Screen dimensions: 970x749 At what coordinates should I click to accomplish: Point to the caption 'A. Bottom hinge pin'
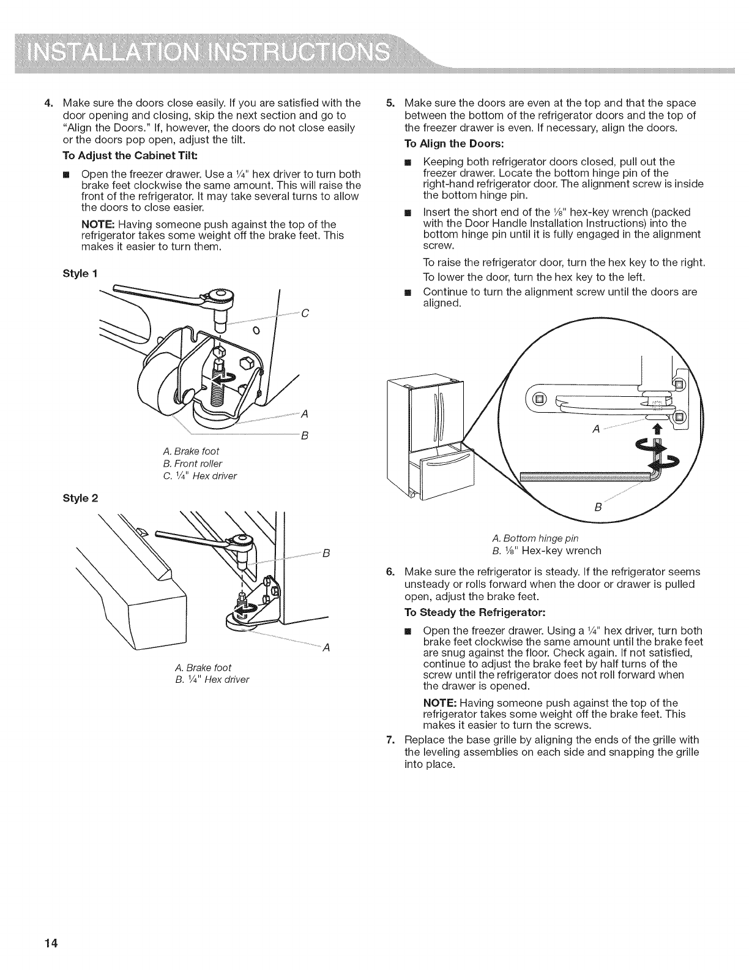point(535,538)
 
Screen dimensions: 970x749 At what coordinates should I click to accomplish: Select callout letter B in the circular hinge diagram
point(598,508)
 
